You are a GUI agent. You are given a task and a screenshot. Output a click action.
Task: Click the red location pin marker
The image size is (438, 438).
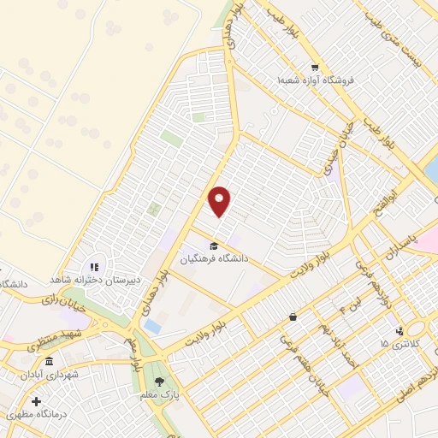tap(220, 201)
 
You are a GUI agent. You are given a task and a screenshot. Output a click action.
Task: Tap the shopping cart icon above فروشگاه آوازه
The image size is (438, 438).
tap(315, 68)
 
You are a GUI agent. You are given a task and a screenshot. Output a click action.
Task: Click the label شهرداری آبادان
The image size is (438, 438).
tap(75, 375)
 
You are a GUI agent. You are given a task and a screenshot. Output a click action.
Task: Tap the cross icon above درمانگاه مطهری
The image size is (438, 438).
tap(35, 400)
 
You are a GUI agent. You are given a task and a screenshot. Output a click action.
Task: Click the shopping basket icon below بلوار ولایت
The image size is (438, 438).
tap(293, 317)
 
